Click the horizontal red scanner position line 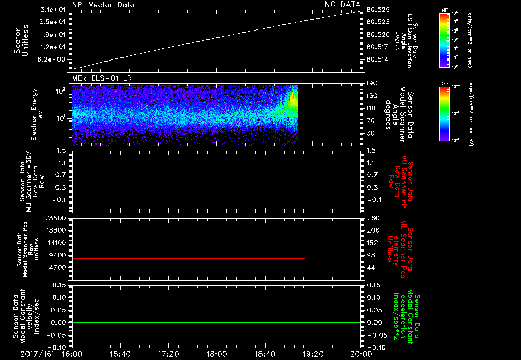click(x=188, y=259)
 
